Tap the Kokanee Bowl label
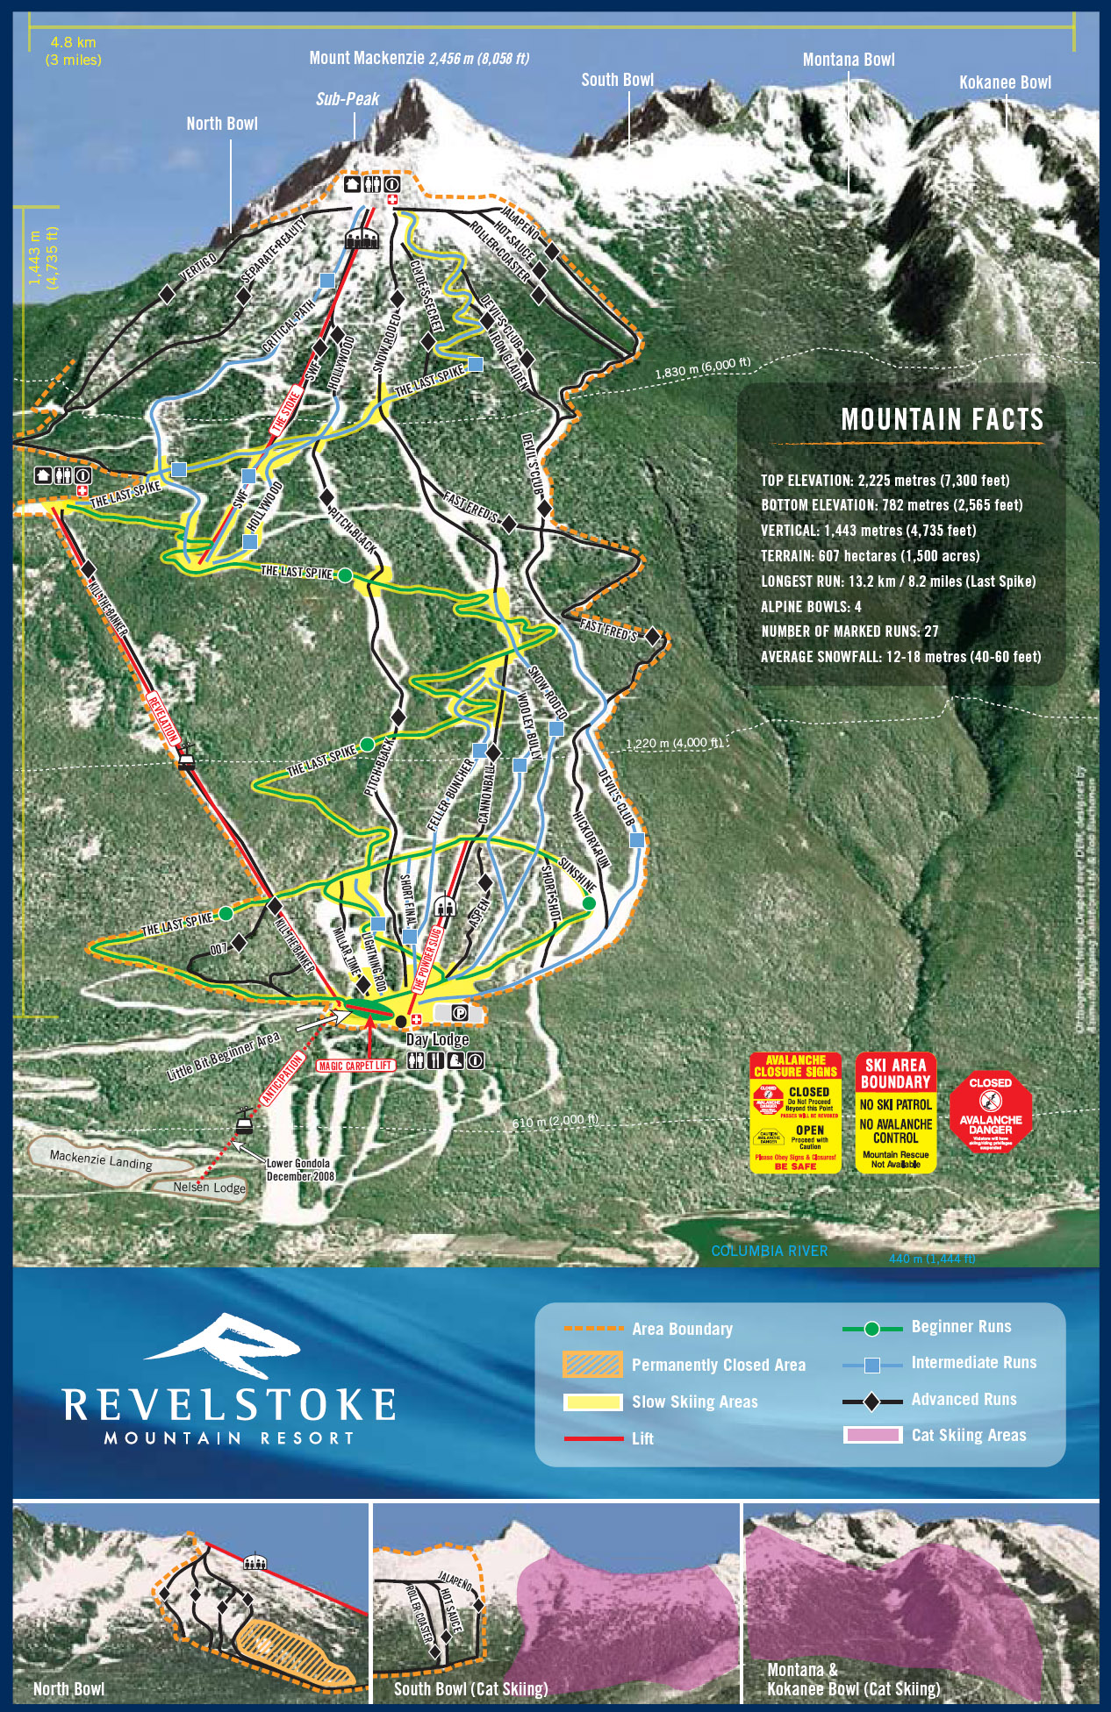pyautogui.click(x=1005, y=82)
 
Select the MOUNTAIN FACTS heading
pyautogui.click(x=943, y=419)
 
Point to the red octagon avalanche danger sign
pyautogui.click(x=991, y=1112)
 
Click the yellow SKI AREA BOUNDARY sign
pyautogui.click(x=896, y=1111)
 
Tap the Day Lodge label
pyautogui.click(x=437, y=1040)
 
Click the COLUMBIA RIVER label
pyautogui.click(x=769, y=1251)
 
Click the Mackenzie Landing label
pyautogui.click(x=101, y=1159)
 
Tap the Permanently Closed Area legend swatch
pyautogui.click(x=592, y=1365)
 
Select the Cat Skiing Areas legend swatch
pyautogui.click(x=872, y=1435)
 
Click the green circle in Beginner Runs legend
pyautogui.click(x=871, y=1329)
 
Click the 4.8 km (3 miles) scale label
pyautogui.click(x=74, y=51)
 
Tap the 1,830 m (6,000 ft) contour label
pyautogui.click(x=703, y=367)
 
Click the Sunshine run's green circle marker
pyautogui.click(x=589, y=902)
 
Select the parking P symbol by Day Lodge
pyautogui.click(x=459, y=1013)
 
